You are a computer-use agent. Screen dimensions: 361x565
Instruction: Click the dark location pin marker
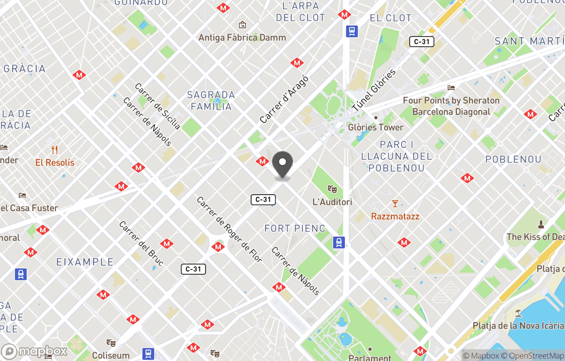pyautogui.click(x=282, y=165)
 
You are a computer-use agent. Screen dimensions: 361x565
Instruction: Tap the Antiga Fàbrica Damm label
pyautogui.click(x=242, y=37)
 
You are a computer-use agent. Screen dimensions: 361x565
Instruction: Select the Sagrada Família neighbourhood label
pyautogui.click(x=211, y=100)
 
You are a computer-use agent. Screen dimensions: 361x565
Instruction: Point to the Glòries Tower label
pyautogui.click(x=376, y=127)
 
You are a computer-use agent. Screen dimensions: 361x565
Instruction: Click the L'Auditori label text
pyautogui.click(x=332, y=202)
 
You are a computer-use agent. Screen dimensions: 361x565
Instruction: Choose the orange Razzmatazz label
pyautogui.click(x=395, y=216)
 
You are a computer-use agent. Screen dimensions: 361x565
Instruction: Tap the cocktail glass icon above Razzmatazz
pyautogui.click(x=395, y=204)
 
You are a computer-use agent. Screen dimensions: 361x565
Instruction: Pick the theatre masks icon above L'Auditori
pyautogui.click(x=332, y=189)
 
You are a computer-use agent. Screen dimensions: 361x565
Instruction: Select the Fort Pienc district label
pyautogui.click(x=295, y=229)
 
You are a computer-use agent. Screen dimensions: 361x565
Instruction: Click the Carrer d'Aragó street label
pyautogui.click(x=285, y=99)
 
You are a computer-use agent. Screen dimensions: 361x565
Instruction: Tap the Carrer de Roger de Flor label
pyautogui.click(x=229, y=230)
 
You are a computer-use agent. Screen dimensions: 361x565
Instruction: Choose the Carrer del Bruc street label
pyautogui.click(x=141, y=243)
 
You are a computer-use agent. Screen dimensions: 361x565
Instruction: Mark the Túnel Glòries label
pyautogui.click(x=373, y=90)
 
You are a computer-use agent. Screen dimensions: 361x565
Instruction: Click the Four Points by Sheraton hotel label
pyautogui.click(x=451, y=106)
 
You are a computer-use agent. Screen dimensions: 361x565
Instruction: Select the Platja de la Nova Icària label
pyautogui.click(x=518, y=325)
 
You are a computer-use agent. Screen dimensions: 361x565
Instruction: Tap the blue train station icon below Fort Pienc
pyautogui.click(x=339, y=242)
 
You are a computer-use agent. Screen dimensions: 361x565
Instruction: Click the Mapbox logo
pyautogui.click(x=35, y=351)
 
